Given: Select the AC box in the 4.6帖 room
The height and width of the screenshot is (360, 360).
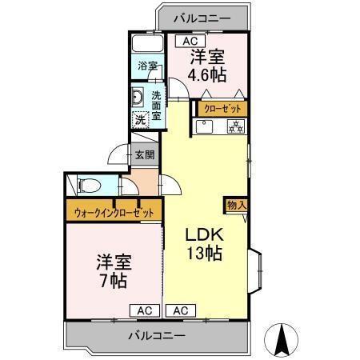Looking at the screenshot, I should click(189, 41).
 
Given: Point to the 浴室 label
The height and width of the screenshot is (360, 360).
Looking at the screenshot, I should click(146, 66).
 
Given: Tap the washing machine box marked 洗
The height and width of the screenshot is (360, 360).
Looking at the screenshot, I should click(140, 119).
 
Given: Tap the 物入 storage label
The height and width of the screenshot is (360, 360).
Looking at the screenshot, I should click(236, 205).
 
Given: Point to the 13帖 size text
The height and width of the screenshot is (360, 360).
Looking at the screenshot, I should click(205, 255).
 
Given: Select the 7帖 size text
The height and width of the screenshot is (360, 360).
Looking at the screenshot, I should click(113, 282).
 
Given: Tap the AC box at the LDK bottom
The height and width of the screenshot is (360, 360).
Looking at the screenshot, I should click(180, 310).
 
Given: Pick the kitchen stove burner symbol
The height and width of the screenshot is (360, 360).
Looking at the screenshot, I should click(236, 126).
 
